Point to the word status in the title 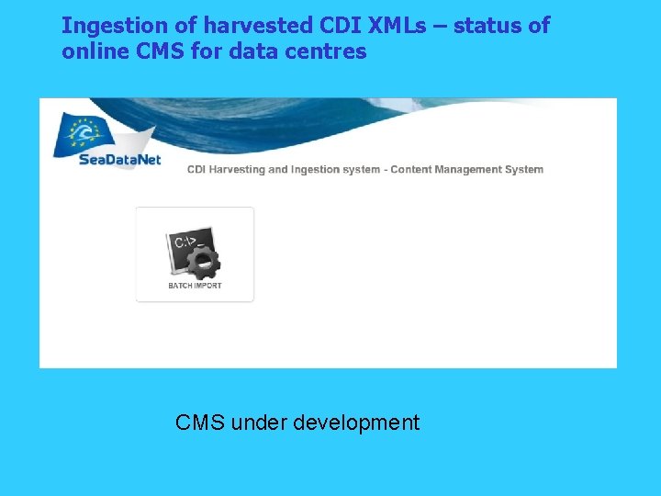tap(489, 26)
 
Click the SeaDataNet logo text tap(95, 160)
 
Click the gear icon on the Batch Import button tap(202, 263)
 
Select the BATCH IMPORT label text tap(195, 286)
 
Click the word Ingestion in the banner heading tap(315, 169)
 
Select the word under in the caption tap(258, 423)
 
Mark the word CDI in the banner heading tap(196, 169)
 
